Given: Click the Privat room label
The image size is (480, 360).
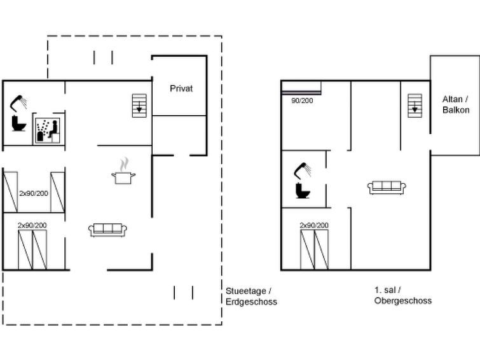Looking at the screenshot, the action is click(x=181, y=88).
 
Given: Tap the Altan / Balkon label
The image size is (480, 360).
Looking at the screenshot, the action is click(x=455, y=104).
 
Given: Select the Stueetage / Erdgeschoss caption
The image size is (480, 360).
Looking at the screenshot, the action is click(x=251, y=296).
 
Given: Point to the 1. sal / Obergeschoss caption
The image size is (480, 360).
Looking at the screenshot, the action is click(x=403, y=295).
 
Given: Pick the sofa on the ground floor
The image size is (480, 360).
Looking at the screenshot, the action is click(x=107, y=230).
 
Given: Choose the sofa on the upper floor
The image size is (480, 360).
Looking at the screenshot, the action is click(x=387, y=188).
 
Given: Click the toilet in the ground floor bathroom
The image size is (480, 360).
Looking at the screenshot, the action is click(x=18, y=123).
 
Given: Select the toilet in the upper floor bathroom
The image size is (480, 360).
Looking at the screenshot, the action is click(x=303, y=190).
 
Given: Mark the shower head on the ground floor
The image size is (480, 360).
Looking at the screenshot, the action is click(x=18, y=103).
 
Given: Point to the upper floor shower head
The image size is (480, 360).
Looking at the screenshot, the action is click(x=303, y=170).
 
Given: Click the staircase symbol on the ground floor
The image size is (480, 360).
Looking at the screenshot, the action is click(x=139, y=106).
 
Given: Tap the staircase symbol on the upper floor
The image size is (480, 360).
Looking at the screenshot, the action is click(x=415, y=106).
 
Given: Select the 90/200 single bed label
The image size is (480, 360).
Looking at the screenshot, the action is click(x=302, y=100).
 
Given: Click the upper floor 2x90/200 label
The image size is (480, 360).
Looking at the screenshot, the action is click(x=314, y=225).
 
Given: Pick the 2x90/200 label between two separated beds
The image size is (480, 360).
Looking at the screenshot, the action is click(x=34, y=193).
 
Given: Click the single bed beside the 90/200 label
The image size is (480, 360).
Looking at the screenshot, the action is click(x=301, y=88).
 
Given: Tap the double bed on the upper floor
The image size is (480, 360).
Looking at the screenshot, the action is click(x=315, y=250).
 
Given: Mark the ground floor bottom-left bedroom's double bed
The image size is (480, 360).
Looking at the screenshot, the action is click(x=32, y=250).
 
